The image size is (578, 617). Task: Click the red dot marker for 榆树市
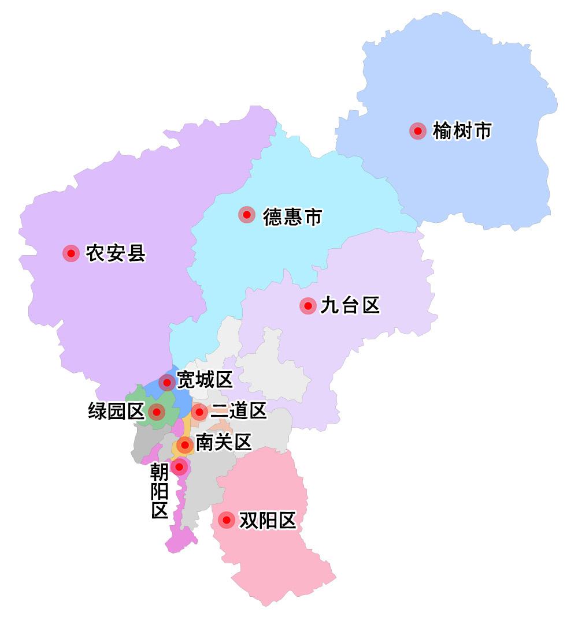(x=417, y=131)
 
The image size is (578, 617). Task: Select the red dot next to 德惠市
(x=247, y=215)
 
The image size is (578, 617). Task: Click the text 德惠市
(x=292, y=217)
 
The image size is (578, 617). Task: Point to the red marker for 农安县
(x=71, y=253)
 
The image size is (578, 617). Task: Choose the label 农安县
(x=116, y=253)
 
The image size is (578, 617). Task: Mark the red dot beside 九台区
(x=308, y=306)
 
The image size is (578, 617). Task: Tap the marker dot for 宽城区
(x=167, y=382)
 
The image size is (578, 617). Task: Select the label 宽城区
(x=205, y=380)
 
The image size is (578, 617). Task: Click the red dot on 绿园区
(x=156, y=412)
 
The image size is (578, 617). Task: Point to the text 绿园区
(x=116, y=412)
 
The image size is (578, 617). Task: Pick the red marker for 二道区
(x=199, y=412)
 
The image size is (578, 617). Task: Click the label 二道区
(x=238, y=411)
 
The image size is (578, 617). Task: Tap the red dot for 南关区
(x=184, y=445)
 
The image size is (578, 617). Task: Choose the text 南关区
(x=224, y=443)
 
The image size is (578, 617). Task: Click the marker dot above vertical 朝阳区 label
(x=179, y=466)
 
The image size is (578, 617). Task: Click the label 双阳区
(x=268, y=521)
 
